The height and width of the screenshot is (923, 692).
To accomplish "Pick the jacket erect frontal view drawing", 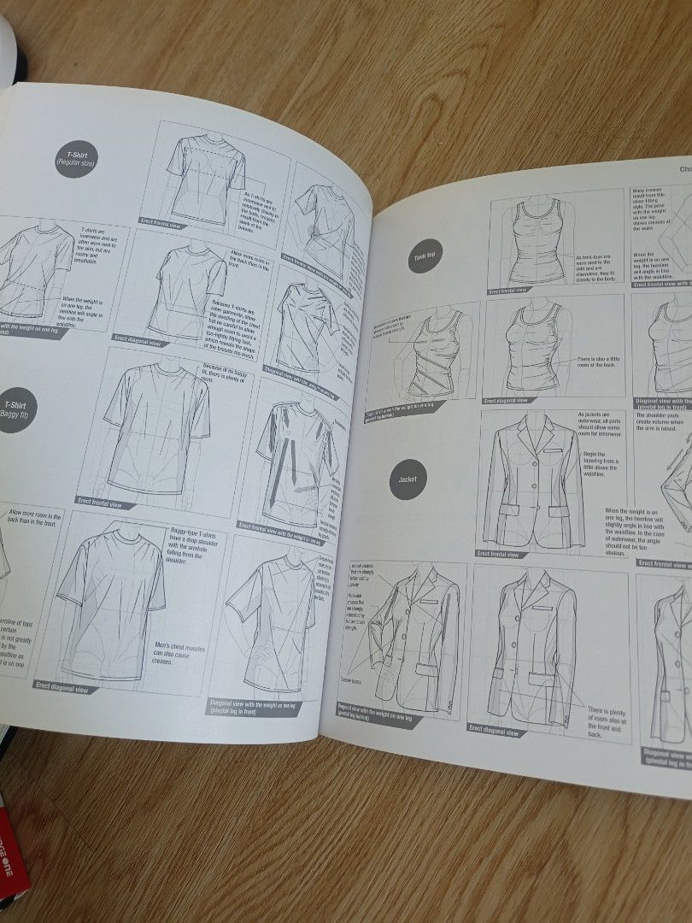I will coord(523,483).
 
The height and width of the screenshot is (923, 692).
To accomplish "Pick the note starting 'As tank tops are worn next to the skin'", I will coord(599,267).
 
